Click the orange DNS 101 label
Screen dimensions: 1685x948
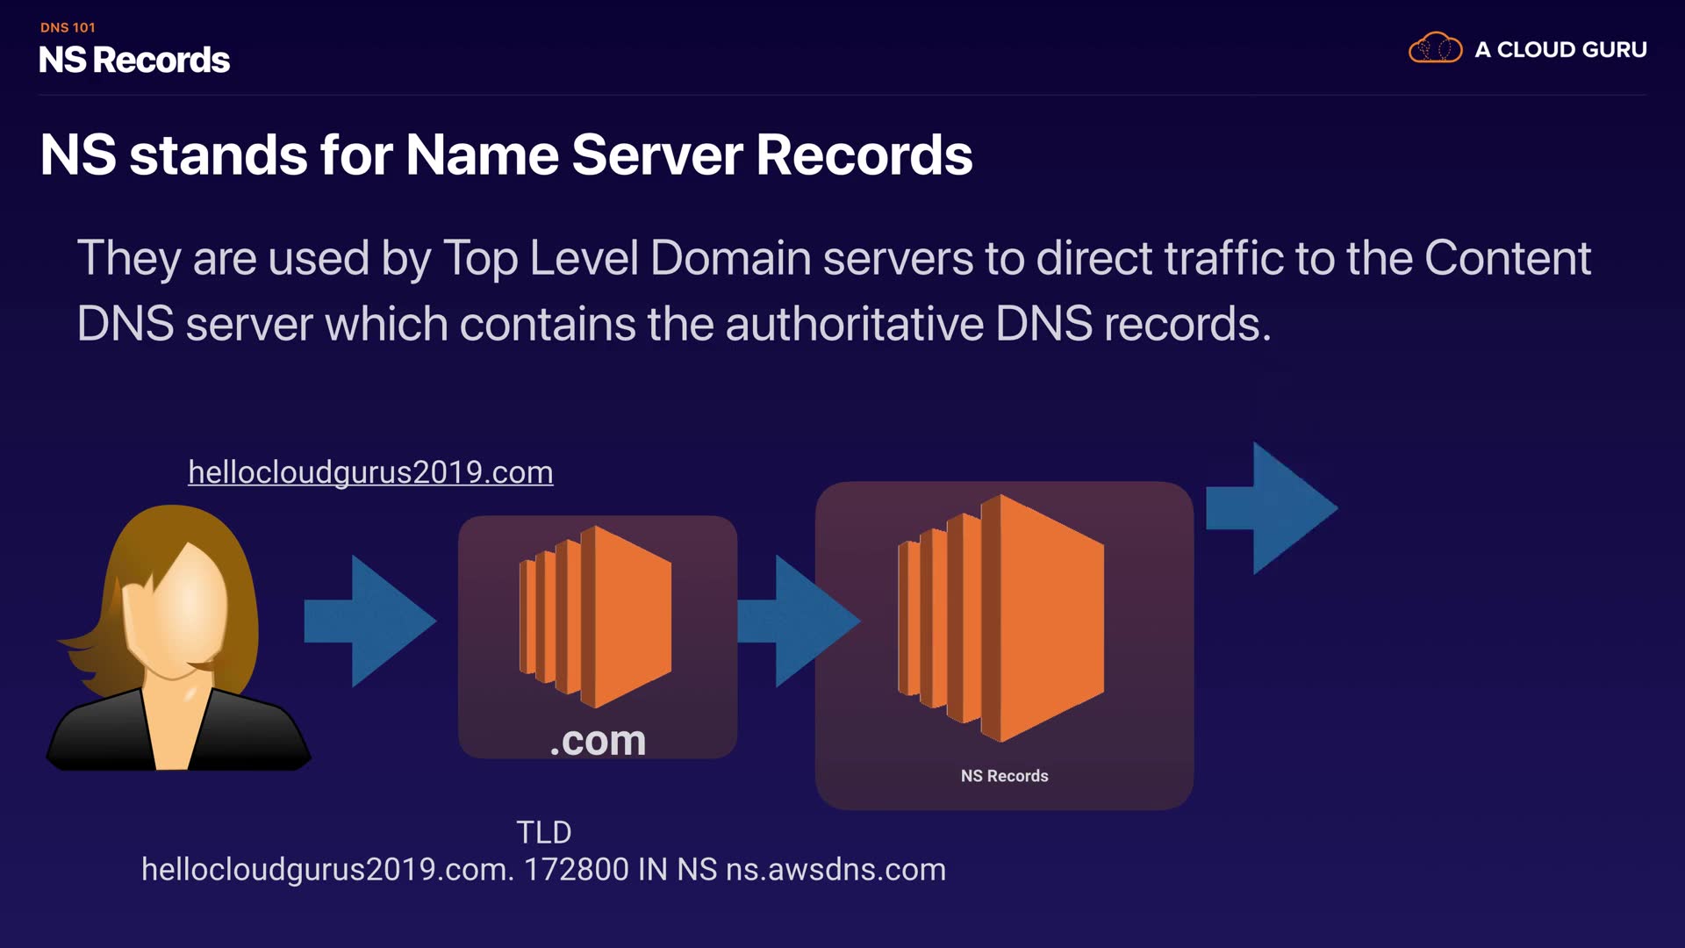point(68,27)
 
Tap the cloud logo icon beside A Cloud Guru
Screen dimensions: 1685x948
point(1435,48)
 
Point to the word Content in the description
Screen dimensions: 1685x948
point(1507,258)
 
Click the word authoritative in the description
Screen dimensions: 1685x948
point(854,324)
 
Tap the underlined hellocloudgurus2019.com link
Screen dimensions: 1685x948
point(370,472)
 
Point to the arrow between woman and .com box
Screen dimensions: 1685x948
point(370,621)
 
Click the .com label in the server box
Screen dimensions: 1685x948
point(598,740)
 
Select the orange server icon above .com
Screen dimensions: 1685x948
point(596,616)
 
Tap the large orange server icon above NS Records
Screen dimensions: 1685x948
point(1001,618)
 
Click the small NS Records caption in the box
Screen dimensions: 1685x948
point(1004,776)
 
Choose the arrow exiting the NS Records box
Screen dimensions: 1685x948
point(1273,509)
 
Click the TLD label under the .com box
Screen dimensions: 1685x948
point(543,832)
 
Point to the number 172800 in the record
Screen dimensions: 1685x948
point(576,870)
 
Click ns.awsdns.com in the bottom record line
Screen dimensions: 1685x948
point(835,870)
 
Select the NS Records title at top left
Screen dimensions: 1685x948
point(134,61)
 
